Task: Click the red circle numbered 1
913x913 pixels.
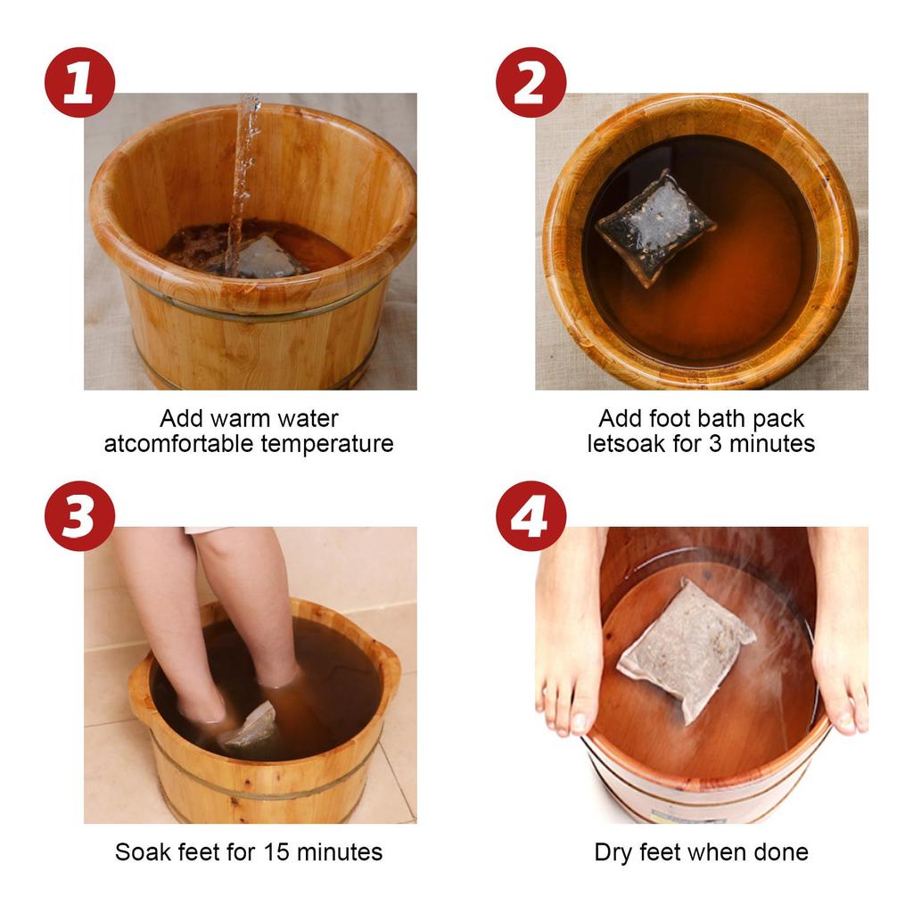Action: click(x=79, y=82)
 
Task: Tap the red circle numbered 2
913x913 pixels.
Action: click(x=531, y=82)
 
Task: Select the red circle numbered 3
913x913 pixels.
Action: click(x=79, y=515)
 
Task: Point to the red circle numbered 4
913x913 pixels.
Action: click(x=531, y=515)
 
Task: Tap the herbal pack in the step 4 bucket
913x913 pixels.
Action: click(x=685, y=646)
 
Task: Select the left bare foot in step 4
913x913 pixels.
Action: click(x=568, y=642)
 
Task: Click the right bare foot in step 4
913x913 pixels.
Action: click(x=840, y=642)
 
